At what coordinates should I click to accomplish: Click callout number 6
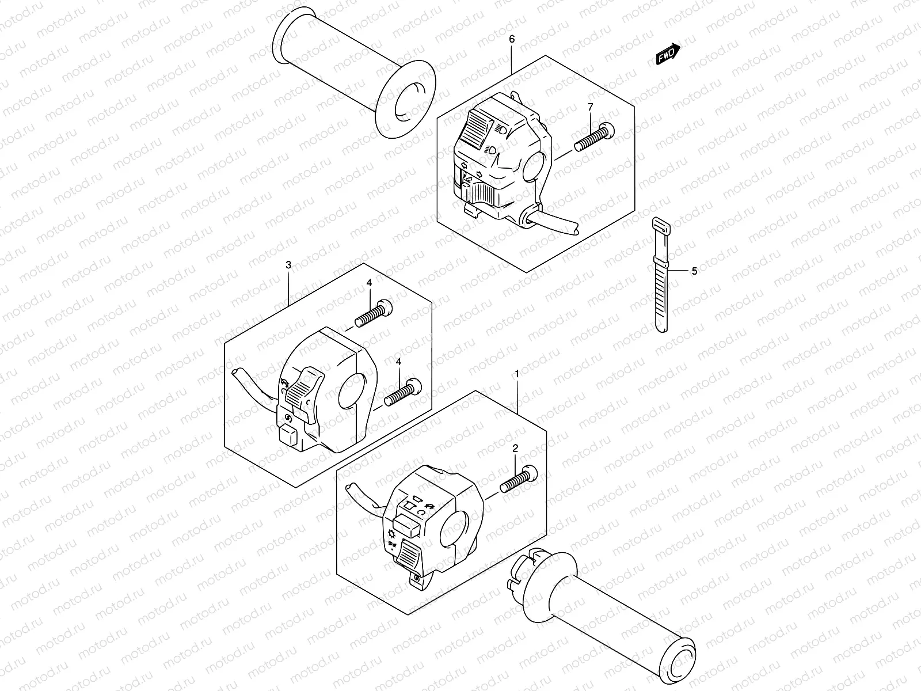coord(512,39)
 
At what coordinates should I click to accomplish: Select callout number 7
coord(590,107)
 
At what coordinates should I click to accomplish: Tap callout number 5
coord(694,271)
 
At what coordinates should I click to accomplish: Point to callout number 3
coord(288,265)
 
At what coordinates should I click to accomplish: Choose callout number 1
coord(517,374)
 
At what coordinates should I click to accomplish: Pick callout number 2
coord(515,447)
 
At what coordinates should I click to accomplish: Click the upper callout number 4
coord(369,283)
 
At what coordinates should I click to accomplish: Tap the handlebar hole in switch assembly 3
coord(351,392)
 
